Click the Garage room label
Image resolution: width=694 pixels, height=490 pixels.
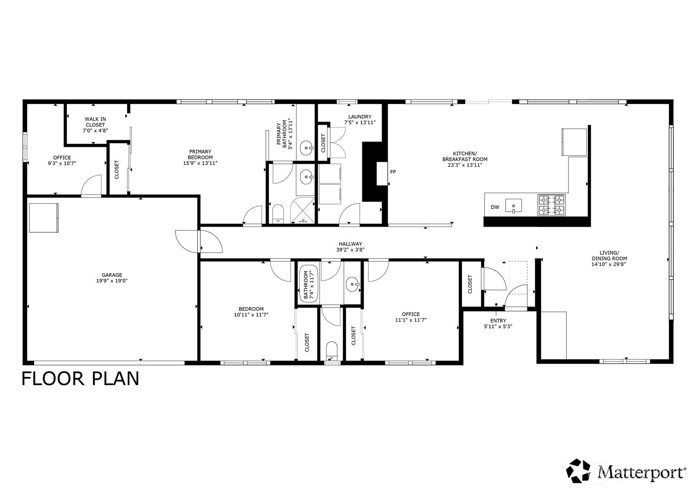(112, 278)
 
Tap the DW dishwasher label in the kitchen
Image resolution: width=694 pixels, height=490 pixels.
(495, 207)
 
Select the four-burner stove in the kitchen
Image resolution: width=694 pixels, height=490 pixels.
(551, 205)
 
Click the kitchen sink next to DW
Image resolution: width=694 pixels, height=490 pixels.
(514, 206)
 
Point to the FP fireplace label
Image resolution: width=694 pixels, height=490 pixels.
(393, 172)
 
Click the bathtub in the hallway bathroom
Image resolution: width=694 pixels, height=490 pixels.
(309, 284)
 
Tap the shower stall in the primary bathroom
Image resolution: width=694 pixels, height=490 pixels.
(304, 209)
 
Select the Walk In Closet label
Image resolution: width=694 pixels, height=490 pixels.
(95, 125)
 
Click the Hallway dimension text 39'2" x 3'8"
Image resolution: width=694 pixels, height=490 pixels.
(350, 250)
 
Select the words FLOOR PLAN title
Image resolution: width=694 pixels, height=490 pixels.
(80, 378)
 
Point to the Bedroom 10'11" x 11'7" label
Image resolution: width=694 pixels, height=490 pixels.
(251, 312)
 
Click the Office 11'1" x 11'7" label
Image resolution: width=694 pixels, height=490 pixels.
(410, 317)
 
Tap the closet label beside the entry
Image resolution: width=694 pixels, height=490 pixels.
(470, 284)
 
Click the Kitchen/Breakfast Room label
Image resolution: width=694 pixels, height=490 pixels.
(464, 159)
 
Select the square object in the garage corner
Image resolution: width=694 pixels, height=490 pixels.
(44, 218)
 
